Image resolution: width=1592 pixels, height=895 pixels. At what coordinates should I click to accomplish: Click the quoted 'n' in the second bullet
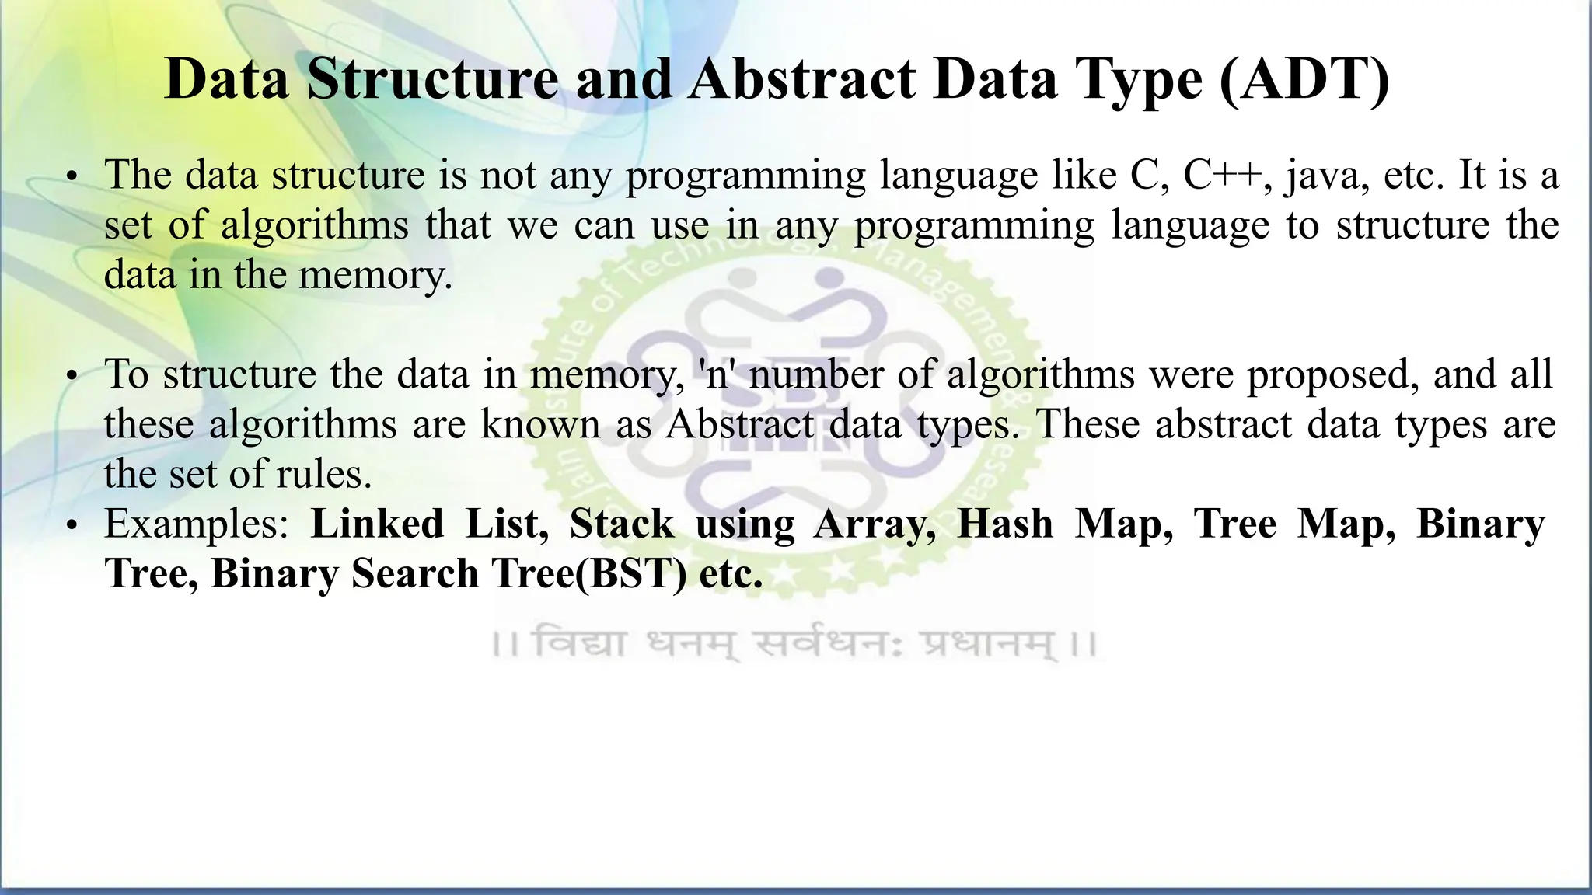coord(717,374)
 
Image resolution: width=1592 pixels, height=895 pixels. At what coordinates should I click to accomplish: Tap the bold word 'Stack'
coord(621,524)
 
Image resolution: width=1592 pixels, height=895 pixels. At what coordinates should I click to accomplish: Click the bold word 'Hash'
coord(1004,524)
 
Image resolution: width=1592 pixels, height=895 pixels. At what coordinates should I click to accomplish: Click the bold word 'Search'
coord(414,574)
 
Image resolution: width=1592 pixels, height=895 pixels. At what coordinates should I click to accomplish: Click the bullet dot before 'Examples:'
coord(72,528)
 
